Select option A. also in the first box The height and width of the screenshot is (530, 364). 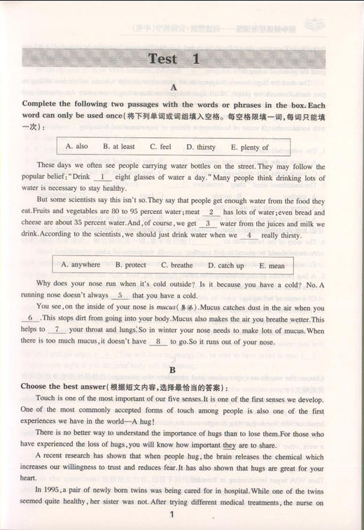[76, 148]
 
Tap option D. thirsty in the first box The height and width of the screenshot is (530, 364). [201, 148]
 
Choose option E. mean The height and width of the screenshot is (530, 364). [271, 266]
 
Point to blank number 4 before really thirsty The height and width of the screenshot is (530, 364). [249, 236]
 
